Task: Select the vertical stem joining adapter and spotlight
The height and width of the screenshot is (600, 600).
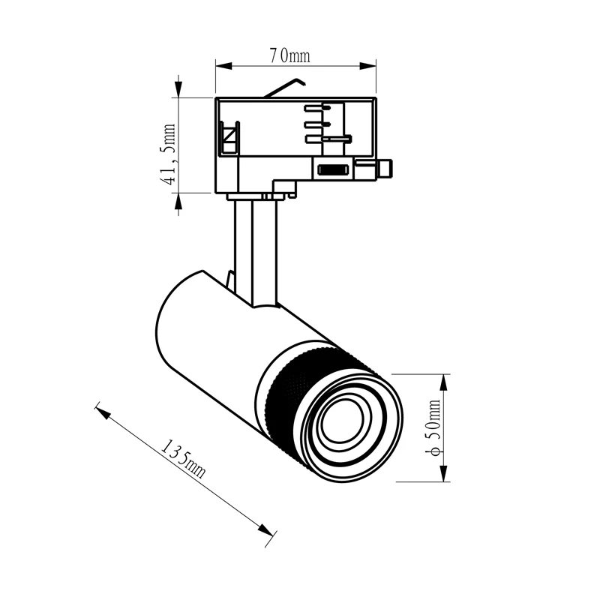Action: [x=255, y=247]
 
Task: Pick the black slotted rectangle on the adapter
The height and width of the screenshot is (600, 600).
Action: [x=332, y=169]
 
